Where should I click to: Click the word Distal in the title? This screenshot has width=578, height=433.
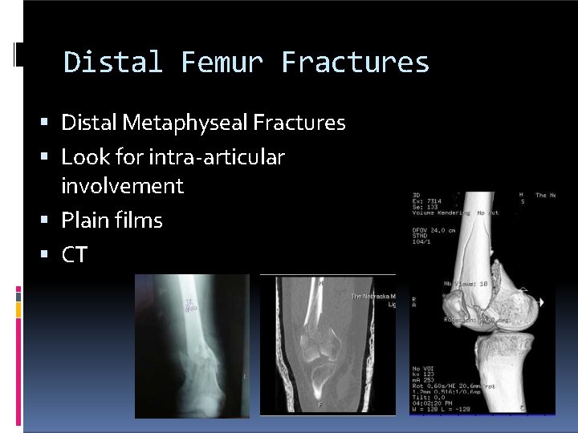113,63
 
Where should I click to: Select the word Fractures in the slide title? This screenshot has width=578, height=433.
356,63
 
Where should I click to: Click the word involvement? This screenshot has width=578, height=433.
122,186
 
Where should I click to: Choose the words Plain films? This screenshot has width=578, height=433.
112,221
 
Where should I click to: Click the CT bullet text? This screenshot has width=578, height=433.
74,256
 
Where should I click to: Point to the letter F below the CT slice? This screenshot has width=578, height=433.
320,405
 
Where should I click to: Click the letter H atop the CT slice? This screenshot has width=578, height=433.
321,283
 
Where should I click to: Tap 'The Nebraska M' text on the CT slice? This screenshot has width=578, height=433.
373,297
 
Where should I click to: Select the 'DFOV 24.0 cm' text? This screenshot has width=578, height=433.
434,230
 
